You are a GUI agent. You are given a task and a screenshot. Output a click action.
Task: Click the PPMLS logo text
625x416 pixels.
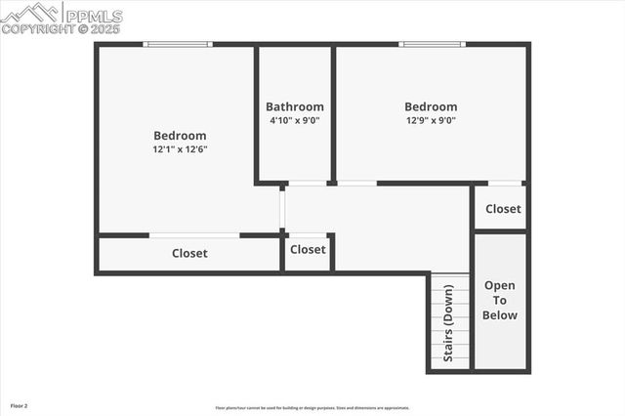[x=94, y=15]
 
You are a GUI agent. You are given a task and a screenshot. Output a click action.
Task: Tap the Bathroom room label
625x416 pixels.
[x=294, y=106]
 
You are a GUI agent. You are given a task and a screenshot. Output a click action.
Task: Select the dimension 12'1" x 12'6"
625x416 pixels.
[x=180, y=149]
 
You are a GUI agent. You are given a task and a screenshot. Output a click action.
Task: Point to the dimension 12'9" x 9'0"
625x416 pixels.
[x=431, y=120]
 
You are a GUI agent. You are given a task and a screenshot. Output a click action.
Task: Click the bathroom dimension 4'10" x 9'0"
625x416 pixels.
[x=294, y=120]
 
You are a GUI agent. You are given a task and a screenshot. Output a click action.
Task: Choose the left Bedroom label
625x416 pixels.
[x=180, y=136]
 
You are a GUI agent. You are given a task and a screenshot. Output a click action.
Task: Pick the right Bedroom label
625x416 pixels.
[x=431, y=106]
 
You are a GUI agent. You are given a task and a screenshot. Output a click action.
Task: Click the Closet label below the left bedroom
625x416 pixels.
[x=189, y=253]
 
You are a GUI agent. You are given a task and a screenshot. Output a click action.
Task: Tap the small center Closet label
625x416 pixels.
[x=308, y=249]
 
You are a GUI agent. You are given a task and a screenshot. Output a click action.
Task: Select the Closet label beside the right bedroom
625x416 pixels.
[x=503, y=208]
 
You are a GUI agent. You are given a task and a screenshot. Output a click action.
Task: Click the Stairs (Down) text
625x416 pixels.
[x=449, y=322]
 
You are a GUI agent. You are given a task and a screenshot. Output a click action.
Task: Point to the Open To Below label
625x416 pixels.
[x=500, y=300]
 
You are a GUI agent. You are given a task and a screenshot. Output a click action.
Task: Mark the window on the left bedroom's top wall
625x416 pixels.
[x=177, y=44]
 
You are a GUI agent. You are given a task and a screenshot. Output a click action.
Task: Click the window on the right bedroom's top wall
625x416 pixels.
[x=432, y=44]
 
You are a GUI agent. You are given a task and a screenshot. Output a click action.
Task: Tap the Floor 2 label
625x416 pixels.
[x=20, y=404]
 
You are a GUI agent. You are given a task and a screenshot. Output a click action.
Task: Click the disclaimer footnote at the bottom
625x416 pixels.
[x=312, y=408]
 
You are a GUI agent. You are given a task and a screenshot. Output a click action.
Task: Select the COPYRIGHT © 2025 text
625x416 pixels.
[x=61, y=29]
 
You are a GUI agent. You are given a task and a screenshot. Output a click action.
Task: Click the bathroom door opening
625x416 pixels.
[x=308, y=183]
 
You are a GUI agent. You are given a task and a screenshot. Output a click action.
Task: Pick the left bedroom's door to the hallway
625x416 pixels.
[x=282, y=209]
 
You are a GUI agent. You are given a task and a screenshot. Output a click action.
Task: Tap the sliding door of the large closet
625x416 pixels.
[x=194, y=235]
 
